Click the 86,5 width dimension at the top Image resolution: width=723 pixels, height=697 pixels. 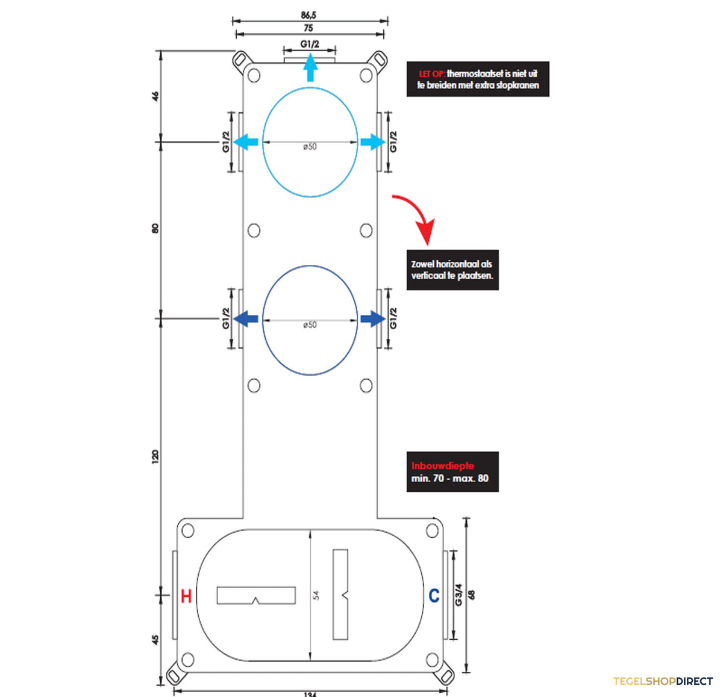point(308,15)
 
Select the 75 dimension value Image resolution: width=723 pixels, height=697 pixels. point(308,28)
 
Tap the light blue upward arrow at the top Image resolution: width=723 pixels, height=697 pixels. point(310,67)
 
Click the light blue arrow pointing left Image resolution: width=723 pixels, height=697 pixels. point(246,142)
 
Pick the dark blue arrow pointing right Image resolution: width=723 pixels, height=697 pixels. point(373,319)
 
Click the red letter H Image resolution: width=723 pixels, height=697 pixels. point(186,596)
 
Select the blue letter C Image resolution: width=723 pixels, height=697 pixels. point(434,595)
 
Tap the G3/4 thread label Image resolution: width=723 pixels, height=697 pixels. point(459,595)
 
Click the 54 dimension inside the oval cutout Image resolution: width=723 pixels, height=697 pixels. point(316,595)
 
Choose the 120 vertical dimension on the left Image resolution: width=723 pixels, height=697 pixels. point(155,456)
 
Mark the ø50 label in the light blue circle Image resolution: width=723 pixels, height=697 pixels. point(310,147)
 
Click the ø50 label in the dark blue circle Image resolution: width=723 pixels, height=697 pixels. point(310,325)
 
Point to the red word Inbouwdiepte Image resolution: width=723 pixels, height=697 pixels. point(442,466)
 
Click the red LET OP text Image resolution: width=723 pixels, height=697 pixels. point(431,74)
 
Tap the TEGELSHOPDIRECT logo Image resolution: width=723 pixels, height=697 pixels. point(663,681)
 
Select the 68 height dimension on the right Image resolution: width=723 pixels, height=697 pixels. point(471,595)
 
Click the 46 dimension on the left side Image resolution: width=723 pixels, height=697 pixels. point(155,96)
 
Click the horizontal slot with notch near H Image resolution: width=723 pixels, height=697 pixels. point(256,595)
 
